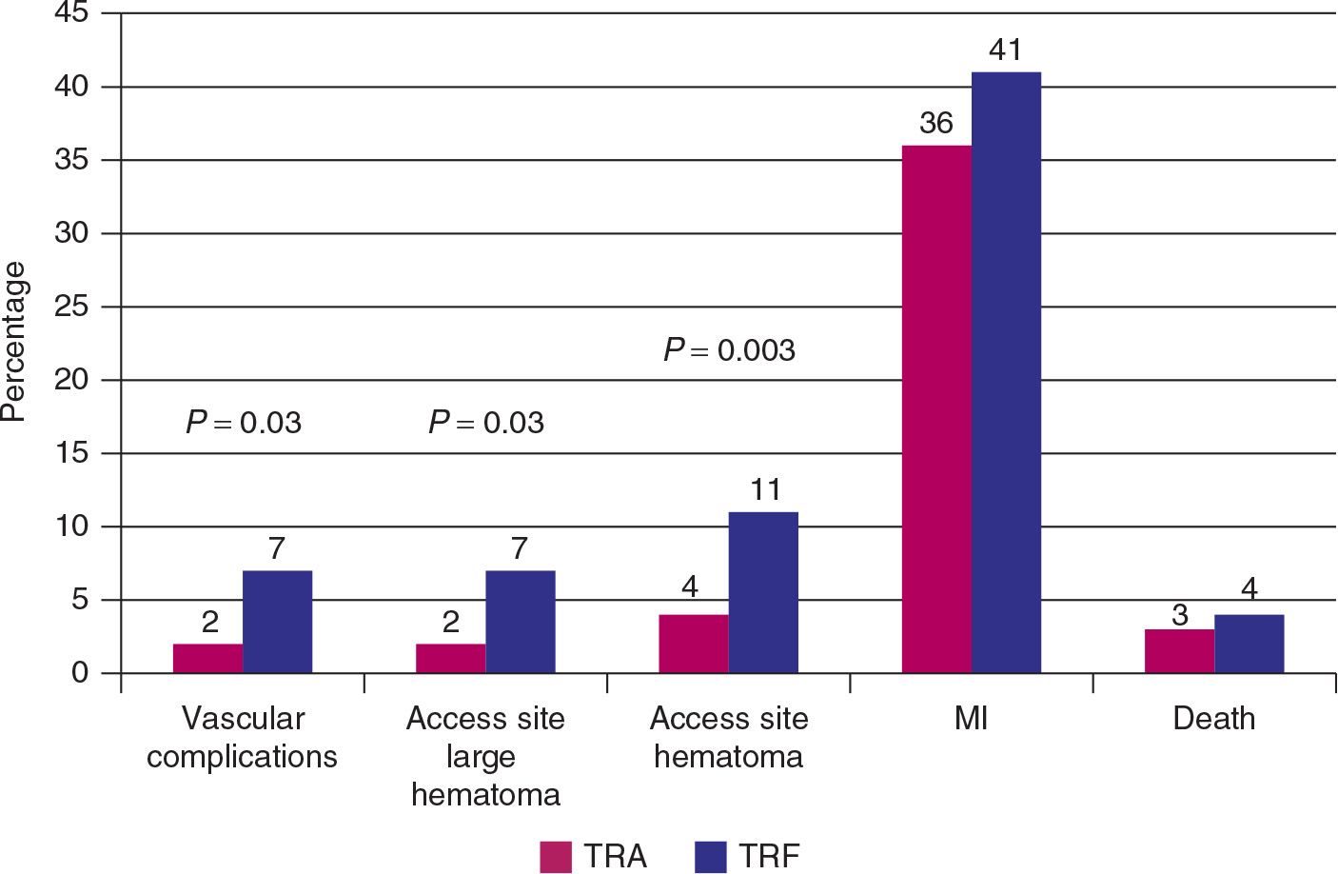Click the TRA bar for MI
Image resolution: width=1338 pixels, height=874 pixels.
(936, 409)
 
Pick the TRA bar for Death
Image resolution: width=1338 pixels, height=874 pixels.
(1179, 651)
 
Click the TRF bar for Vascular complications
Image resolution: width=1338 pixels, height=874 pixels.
(277, 622)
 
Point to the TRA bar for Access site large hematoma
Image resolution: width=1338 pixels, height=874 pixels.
(451, 659)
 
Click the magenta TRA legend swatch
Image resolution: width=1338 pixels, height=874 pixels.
(556, 857)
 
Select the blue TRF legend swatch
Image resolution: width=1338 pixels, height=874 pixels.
(710, 857)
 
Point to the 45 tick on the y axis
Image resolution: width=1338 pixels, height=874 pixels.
(72, 14)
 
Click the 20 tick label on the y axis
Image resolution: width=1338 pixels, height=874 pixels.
(72, 381)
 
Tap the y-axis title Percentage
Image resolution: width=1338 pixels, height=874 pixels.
(13, 341)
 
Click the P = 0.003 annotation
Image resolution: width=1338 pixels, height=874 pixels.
(729, 350)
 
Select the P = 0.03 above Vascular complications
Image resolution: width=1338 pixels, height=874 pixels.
(244, 422)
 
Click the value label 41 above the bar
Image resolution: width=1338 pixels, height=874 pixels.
(1006, 50)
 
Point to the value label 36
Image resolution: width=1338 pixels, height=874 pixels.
(936, 124)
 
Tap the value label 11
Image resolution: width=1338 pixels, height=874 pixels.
(764, 490)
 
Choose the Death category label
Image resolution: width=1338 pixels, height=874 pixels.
(1213, 719)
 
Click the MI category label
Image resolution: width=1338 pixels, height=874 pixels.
(971, 719)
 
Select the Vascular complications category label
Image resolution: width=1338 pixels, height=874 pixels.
(243, 738)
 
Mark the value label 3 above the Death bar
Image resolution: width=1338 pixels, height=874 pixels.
(1180, 616)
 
